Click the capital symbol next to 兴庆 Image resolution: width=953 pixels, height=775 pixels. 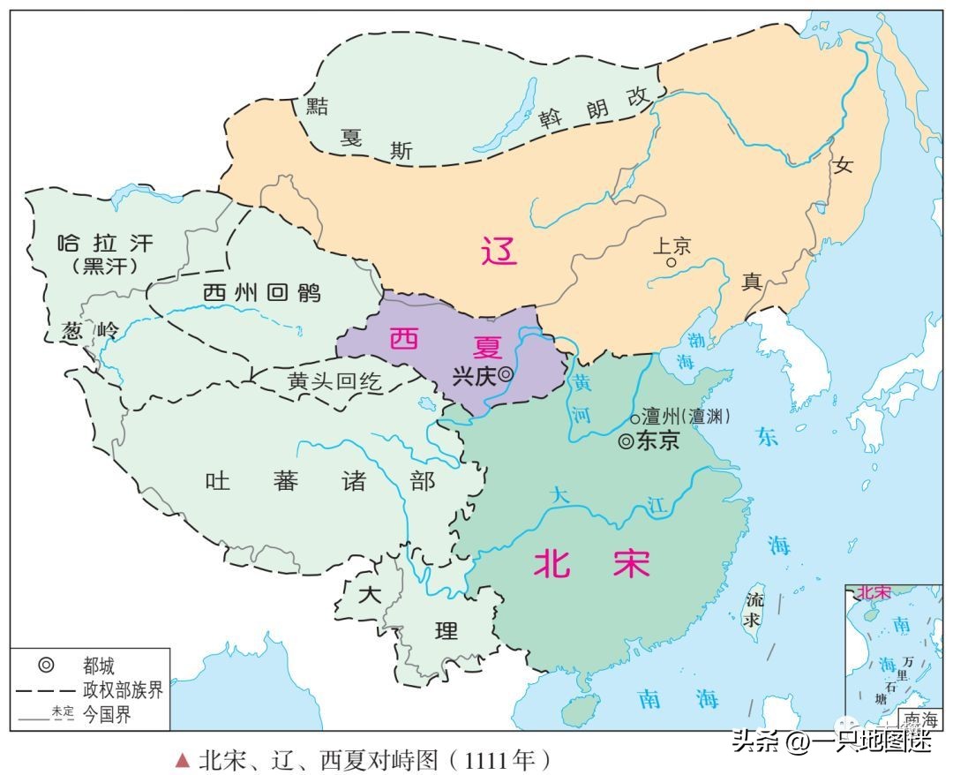tap(505, 374)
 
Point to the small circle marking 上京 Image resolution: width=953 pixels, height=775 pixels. tap(672, 262)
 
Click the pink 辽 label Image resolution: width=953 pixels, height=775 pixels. tap(499, 252)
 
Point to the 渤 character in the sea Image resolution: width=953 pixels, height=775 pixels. tap(697, 337)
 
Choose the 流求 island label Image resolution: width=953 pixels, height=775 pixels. tap(754, 610)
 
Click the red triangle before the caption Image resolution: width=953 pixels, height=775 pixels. tap(183, 759)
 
